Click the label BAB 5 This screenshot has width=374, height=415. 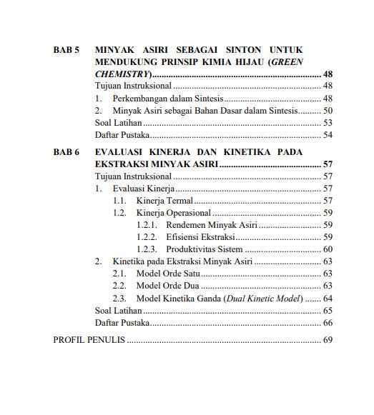click(67, 50)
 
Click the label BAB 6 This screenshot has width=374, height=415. click(67, 152)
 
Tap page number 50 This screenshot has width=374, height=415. click(328, 111)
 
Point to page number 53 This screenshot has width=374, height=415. click(328, 123)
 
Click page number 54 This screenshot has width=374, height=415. click(328, 135)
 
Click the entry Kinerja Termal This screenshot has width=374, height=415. click(164, 201)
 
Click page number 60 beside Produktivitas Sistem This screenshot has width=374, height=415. click(328, 249)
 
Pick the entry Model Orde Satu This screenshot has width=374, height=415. click(169, 274)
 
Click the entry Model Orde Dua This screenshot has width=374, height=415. click(169, 286)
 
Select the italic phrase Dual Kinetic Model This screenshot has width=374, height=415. click(263, 298)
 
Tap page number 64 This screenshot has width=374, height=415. click(328, 298)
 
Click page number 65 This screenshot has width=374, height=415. click(328, 311)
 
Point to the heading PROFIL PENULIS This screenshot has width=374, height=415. click(89, 340)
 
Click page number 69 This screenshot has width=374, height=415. click(328, 340)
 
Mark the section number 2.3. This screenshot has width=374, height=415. click(119, 298)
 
